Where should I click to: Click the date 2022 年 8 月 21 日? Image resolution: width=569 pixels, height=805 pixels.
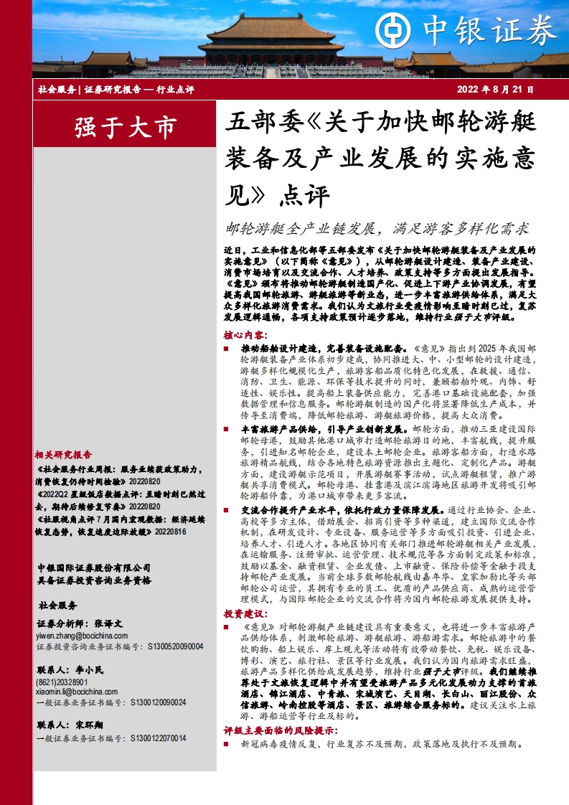point(496,90)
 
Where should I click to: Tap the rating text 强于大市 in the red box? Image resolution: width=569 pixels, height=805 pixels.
point(126,128)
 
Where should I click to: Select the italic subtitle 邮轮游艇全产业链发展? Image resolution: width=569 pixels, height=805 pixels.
point(300,229)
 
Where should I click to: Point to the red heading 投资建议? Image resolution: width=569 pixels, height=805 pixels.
point(245,613)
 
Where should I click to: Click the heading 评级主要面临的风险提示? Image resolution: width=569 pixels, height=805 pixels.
point(280,730)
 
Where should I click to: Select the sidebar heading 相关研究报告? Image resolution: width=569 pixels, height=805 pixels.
point(63,454)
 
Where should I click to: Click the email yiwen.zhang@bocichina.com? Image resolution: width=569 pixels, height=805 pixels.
point(83,636)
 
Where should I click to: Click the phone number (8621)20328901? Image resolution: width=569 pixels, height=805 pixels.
point(62,682)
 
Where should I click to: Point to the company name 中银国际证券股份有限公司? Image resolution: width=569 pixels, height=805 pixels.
point(93,568)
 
